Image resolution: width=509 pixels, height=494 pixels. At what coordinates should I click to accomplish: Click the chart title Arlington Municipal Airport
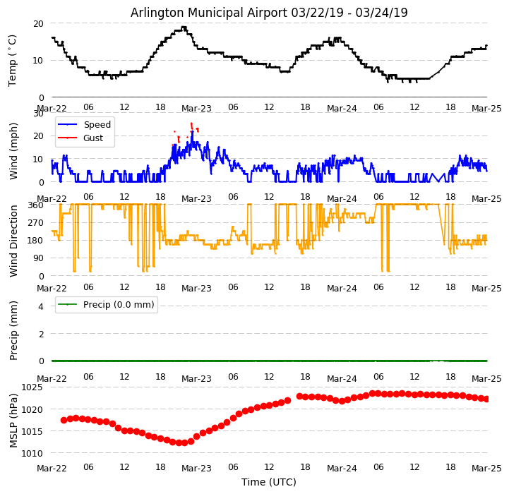[x=269, y=13]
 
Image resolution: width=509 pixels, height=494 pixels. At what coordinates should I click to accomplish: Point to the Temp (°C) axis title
[x=13, y=60]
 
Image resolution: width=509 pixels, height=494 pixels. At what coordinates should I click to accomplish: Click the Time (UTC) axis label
[x=269, y=482]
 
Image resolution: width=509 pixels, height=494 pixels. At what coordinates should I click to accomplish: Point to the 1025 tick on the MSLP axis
[x=32, y=387]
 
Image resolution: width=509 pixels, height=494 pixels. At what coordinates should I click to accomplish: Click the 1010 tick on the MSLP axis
[x=32, y=453]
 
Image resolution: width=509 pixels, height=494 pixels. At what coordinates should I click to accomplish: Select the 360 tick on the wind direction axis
[x=36, y=205]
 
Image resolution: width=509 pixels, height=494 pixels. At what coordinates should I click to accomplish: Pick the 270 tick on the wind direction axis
[x=36, y=222]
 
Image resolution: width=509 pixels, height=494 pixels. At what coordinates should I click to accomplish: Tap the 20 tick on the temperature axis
[x=39, y=23]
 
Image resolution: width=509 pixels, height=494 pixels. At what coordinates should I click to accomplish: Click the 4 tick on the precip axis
[x=41, y=306]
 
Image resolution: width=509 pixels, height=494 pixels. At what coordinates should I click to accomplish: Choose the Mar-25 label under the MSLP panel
[x=486, y=468]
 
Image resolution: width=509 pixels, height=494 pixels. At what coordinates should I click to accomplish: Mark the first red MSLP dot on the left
[x=64, y=420]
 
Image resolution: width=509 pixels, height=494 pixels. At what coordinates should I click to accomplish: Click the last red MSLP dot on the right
[x=486, y=399]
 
